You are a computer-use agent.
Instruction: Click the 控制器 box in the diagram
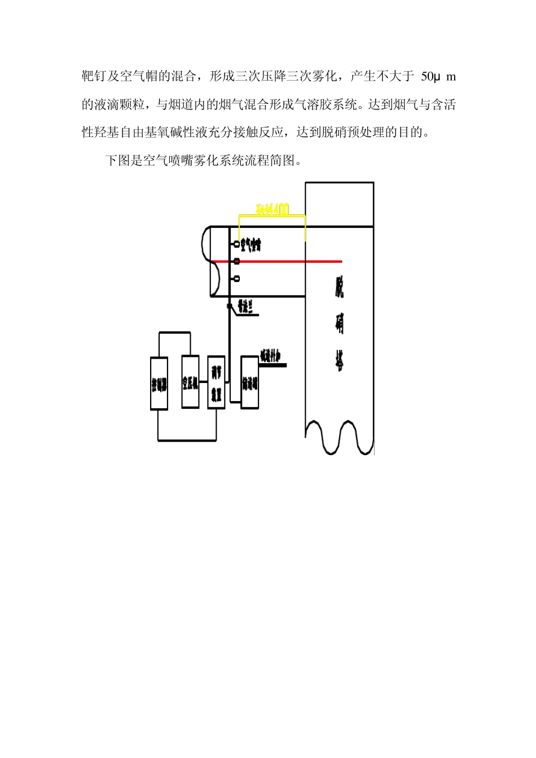point(159,384)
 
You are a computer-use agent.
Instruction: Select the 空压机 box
point(190,382)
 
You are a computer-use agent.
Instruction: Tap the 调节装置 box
point(216,382)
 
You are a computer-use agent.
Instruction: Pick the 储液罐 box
point(249,382)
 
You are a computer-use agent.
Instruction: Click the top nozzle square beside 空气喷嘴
point(236,244)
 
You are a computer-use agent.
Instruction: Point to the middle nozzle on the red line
point(237,261)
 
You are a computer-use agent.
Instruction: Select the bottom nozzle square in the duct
point(236,279)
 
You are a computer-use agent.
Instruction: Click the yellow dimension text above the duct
point(273,210)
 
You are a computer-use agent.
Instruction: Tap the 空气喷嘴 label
point(251,245)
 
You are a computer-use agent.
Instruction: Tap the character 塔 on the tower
point(339,360)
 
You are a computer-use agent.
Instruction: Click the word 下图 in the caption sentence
point(118,161)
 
